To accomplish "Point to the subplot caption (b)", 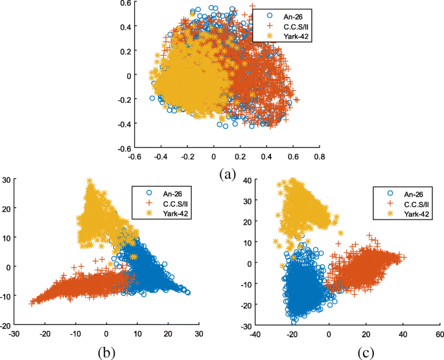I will click(106, 354).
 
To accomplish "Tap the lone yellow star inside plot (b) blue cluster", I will click(133, 257).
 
